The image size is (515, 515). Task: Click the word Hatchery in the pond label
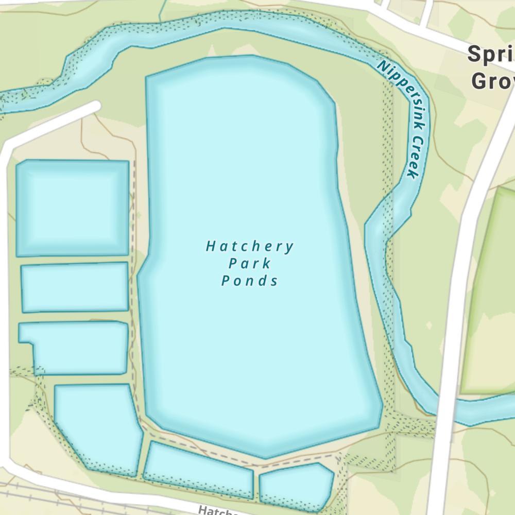[250, 247]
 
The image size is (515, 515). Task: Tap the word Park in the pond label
[250, 264]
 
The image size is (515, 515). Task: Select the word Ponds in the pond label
[250, 281]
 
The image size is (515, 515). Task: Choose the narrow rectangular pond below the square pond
[75, 287]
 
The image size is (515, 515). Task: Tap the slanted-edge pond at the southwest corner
[98, 427]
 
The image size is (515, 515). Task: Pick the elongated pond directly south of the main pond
[198, 469]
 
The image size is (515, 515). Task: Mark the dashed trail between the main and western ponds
[135, 257]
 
